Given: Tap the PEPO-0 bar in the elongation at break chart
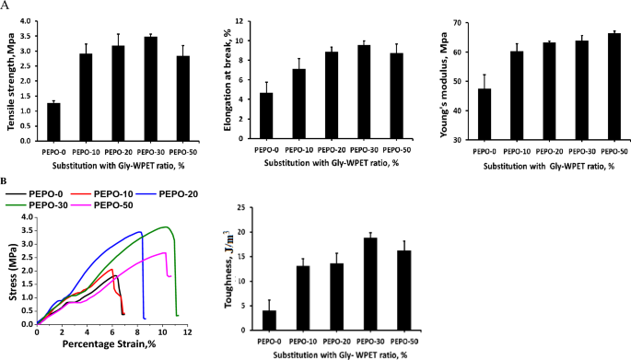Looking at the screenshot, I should point(265,115).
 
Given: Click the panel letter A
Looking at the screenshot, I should point(7,6).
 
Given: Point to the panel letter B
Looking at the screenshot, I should point(7,180).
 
